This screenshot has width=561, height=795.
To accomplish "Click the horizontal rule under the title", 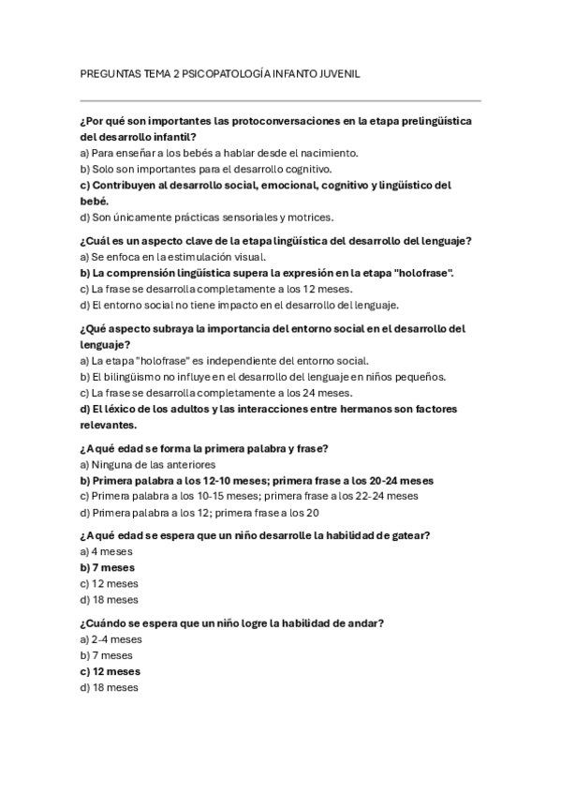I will point(281,100).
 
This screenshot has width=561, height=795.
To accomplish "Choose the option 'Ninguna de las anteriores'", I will point(148,464).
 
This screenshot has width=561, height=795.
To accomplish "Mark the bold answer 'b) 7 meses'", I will point(108,567).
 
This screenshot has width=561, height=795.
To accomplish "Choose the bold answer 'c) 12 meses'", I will point(111,671).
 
